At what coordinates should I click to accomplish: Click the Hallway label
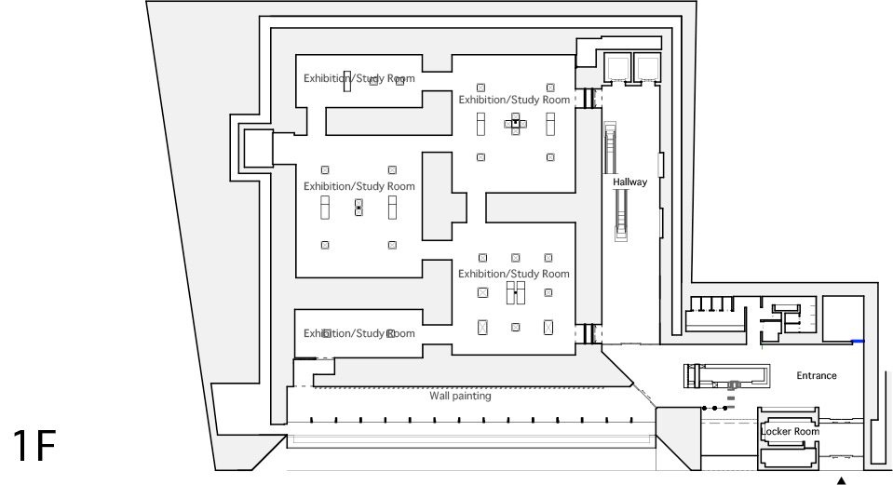pyautogui.click(x=629, y=182)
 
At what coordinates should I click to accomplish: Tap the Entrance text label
pyautogui.click(x=816, y=376)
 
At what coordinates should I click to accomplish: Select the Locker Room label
pyautogui.click(x=790, y=432)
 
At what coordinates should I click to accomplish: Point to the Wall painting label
pyautogui.click(x=460, y=396)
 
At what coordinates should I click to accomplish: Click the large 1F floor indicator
pyautogui.click(x=34, y=446)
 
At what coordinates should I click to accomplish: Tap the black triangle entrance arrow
pyautogui.click(x=841, y=481)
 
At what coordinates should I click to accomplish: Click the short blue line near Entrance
pyautogui.click(x=858, y=342)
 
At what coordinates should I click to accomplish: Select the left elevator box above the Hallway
pyautogui.click(x=618, y=68)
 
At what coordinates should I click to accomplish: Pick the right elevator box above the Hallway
pyautogui.click(x=647, y=68)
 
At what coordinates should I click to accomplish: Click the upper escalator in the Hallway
pyautogui.click(x=611, y=148)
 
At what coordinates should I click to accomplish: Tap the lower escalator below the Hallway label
pyautogui.click(x=621, y=215)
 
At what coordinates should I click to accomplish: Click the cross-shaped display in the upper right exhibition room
pyautogui.click(x=516, y=124)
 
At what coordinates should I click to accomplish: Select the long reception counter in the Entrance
pyautogui.click(x=726, y=376)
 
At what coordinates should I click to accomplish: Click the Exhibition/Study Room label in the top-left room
pyautogui.click(x=359, y=78)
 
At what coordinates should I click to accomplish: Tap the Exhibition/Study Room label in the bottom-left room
pyautogui.click(x=359, y=333)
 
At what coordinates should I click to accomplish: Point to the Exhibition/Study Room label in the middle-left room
pyautogui.click(x=359, y=186)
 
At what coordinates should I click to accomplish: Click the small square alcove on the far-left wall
pyautogui.click(x=259, y=148)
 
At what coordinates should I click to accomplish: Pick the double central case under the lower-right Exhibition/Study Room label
pyautogui.click(x=516, y=292)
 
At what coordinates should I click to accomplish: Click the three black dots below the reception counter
pyautogui.click(x=715, y=408)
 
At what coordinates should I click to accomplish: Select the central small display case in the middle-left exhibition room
pyautogui.click(x=359, y=208)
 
